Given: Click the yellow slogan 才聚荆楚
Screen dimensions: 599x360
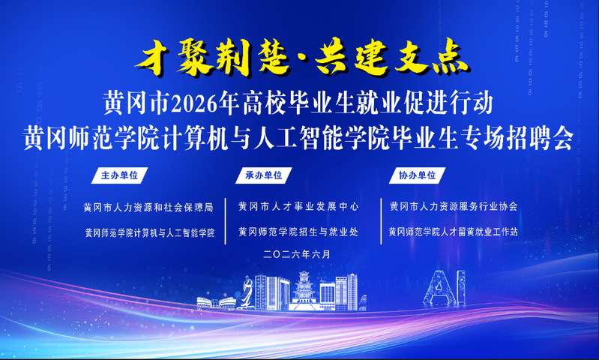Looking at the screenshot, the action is coord(213,58).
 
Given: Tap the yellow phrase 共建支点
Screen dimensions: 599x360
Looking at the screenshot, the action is coord(391,58).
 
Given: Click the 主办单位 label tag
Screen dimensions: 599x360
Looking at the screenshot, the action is coord(119,175).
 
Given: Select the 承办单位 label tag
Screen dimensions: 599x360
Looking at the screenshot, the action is coord(264,175).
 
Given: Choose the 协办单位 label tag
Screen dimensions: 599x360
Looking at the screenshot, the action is coord(417,175).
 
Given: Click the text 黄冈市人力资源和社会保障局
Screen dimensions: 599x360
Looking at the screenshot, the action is coord(148,208).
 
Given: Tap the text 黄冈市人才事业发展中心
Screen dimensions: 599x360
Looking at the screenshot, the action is coord(298,207).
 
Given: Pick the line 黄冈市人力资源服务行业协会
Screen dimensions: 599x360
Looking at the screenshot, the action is coord(454,207).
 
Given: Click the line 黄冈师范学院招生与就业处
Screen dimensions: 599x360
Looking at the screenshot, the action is coord(298,232).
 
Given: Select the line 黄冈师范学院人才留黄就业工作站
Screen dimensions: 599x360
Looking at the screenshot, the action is coord(454,232).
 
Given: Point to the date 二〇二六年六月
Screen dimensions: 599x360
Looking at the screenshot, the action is coord(297,254).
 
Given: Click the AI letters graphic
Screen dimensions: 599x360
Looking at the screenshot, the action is coord(445,289).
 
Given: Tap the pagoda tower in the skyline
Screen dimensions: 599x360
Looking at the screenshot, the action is coord(304,289).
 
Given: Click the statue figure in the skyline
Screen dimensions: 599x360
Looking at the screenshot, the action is coord(247,292).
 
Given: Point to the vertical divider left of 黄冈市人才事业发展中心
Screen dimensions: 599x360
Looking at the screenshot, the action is coord(226,221).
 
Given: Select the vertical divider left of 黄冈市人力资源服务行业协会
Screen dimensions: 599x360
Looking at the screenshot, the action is coord(382,221).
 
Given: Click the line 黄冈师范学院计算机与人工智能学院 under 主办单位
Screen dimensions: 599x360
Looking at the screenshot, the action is coord(149,232).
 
